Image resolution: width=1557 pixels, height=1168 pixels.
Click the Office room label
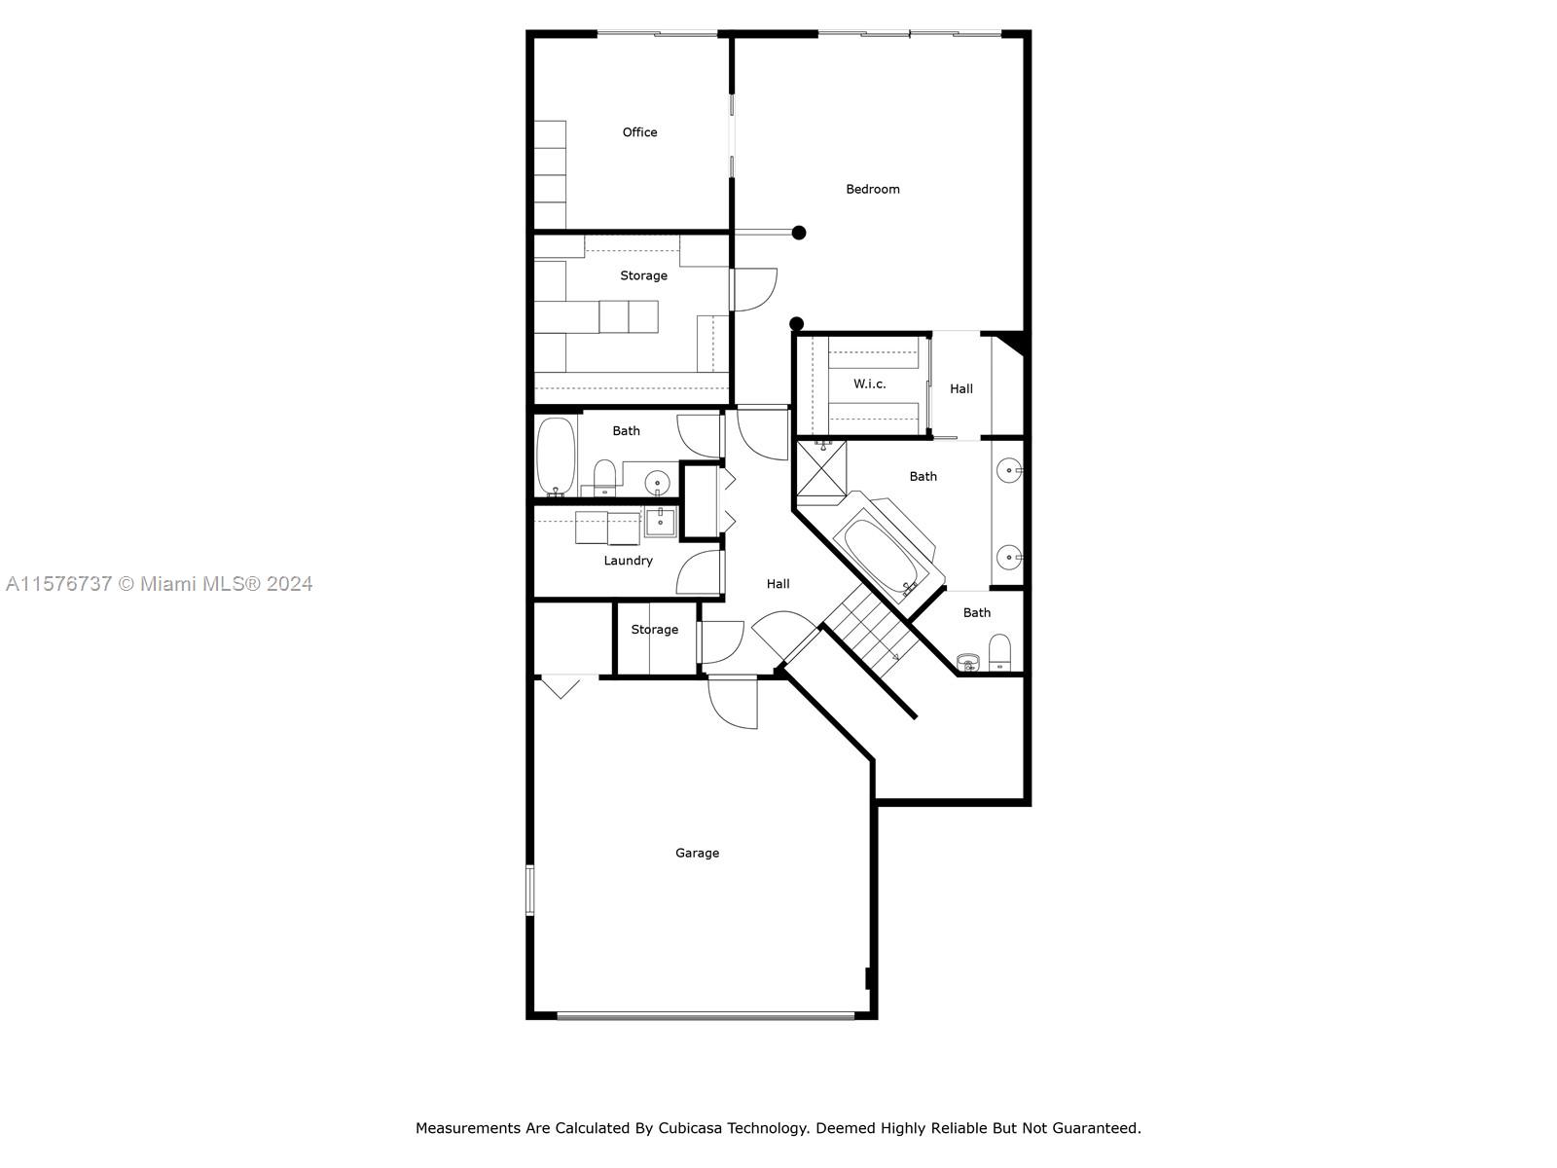(x=639, y=132)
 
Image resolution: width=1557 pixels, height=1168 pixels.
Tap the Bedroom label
(x=873, y=189)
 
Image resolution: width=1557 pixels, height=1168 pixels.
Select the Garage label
(x=697, y=853)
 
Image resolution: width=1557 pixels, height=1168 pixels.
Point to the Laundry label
(x=628, y=561)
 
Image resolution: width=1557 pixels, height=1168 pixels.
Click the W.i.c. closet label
(x=869, y=383)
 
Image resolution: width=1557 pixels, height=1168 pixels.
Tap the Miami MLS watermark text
(x=159, y=584)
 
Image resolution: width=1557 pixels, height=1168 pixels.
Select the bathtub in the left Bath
(x=556, y=456)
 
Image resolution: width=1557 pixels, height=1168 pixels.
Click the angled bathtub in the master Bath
(x=887, y=547)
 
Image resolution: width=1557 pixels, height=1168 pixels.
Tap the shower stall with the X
(x=821, y=469)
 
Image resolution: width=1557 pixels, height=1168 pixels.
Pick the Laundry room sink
(x=661, y=522)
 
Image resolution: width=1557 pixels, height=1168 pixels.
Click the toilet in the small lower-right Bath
(x=998, y=652)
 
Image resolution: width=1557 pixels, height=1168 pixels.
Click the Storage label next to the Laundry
(x=654, y=629)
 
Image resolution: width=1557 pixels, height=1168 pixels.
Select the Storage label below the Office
(x=643, y=275)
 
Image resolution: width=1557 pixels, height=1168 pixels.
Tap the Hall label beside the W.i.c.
(x=961, y=388)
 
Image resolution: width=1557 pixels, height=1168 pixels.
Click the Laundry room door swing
(x=700, y=572)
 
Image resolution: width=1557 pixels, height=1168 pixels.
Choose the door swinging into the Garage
(x=732, y=702)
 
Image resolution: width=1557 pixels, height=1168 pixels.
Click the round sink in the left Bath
(x=657, y=484)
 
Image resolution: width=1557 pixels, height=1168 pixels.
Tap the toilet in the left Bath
(x=604, y=477)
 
